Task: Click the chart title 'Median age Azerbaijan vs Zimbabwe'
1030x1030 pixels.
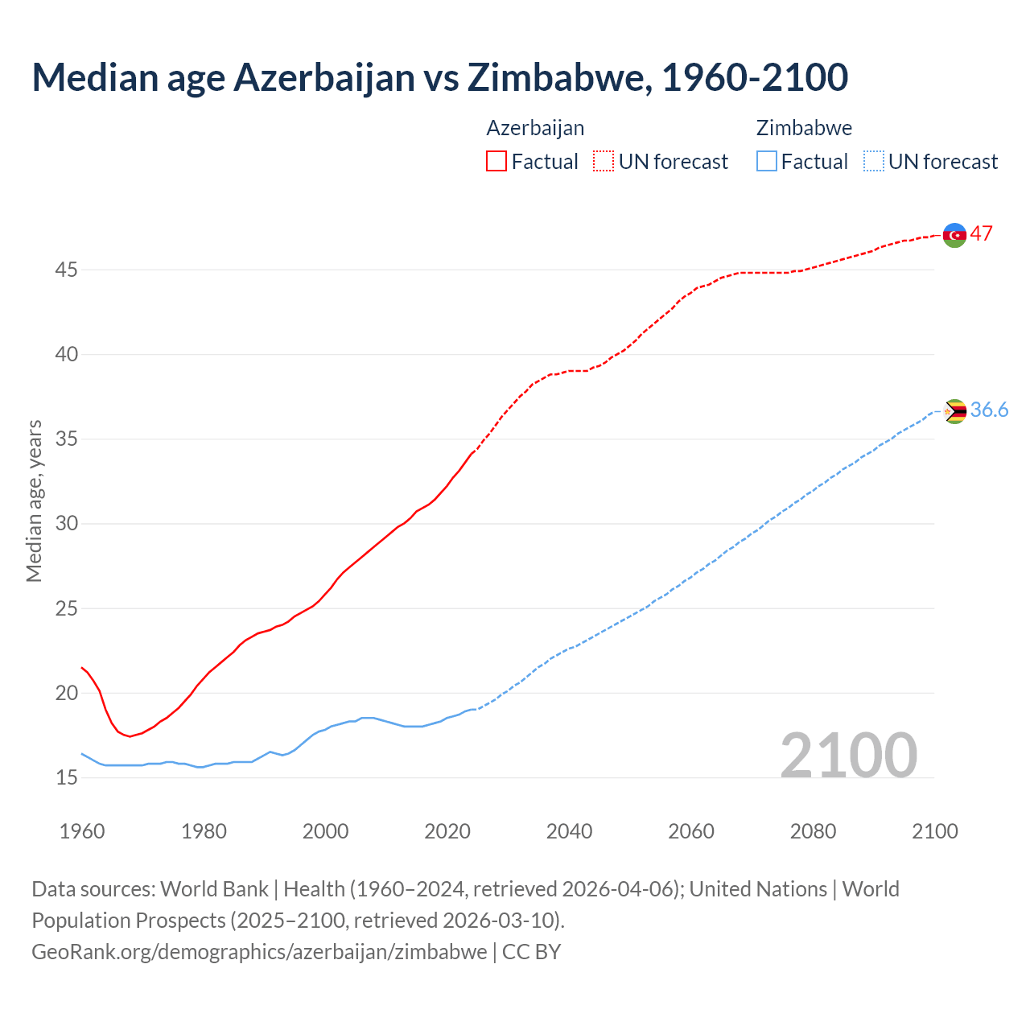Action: [x=439, y=78]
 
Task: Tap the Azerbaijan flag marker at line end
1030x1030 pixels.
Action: [x=954, y=235]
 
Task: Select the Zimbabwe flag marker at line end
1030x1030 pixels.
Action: [x=954, y=411]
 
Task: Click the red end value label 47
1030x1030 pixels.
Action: [x=981, y=234]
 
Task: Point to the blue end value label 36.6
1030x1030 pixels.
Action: [x=989, y=410]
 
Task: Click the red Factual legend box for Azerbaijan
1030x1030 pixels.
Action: [x=496, y=162]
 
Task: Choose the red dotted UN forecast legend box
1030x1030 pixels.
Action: [x=604, y=162]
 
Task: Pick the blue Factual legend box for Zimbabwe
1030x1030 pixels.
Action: [x=767, y=162]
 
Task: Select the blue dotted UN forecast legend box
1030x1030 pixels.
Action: [x=873, y=162]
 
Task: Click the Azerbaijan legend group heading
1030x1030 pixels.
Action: [x=535, y=128]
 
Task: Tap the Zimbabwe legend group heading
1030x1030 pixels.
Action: [x=804, y=128]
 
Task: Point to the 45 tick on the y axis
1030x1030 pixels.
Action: [x=66, y=270]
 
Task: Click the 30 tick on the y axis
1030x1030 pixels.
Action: [x=66, y=524]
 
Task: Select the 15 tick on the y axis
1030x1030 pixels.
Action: [x=66, y=778]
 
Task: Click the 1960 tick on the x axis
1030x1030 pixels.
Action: [x=82, y=831]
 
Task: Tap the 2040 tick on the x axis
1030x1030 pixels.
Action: [x=569, y=831]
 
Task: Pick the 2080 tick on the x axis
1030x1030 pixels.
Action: [x=813, y=831]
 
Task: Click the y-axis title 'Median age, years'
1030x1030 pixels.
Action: [x=34, y=501]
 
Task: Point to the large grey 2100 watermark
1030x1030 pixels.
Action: [x=848, y=756]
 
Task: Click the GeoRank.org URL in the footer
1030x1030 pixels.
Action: [x=259, y=952]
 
